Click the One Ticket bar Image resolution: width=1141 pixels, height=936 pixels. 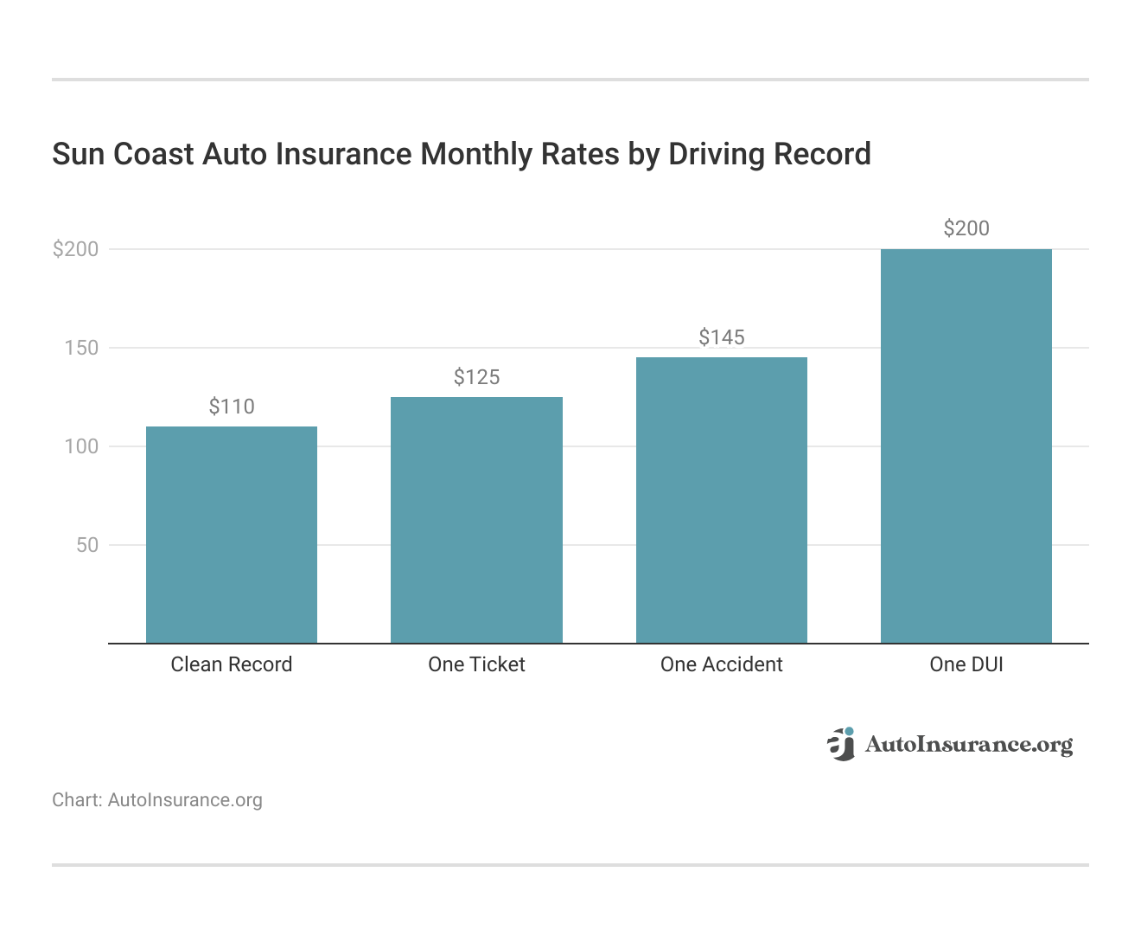476,520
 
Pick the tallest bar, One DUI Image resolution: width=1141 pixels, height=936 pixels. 966,446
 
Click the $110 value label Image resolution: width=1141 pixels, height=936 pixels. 232,407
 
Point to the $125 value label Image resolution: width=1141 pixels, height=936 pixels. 476,377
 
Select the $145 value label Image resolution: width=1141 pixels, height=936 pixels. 722,337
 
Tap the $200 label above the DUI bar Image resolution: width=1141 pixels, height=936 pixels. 966,228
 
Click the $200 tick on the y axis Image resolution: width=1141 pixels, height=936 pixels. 76,249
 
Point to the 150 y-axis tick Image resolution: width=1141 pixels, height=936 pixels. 82,348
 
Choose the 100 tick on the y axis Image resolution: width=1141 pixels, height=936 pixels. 82,446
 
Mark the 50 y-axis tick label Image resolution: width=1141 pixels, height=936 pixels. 87,545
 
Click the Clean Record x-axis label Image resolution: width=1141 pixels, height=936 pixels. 232,664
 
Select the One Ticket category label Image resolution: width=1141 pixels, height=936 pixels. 476,664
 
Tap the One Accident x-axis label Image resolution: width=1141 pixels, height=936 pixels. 722,664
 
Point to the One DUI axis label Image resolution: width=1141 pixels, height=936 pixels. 966,664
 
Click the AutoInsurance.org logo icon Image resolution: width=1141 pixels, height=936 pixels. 841,744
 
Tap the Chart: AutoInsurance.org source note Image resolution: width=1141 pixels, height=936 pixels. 157,800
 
